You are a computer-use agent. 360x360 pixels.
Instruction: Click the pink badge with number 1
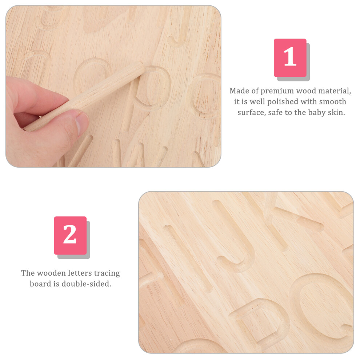(x=290, y=58)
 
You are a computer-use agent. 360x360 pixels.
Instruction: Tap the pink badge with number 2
(x=70, y=235)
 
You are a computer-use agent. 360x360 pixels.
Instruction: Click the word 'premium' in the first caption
(x=277, y=91)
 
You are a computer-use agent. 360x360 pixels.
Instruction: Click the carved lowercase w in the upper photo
(x=140, y=153)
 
